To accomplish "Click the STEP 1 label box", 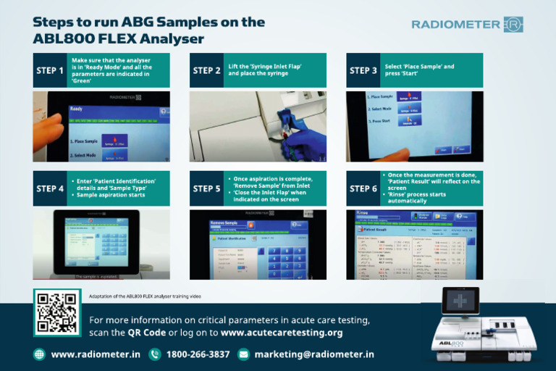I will pos(50,70).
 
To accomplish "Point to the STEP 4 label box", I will pos(50,189).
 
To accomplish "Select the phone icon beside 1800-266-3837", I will pos(155,354).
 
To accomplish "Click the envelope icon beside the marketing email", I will pos(244,354).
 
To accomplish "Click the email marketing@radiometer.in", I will pos(314,354).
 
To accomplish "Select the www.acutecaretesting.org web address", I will pos(282,333).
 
